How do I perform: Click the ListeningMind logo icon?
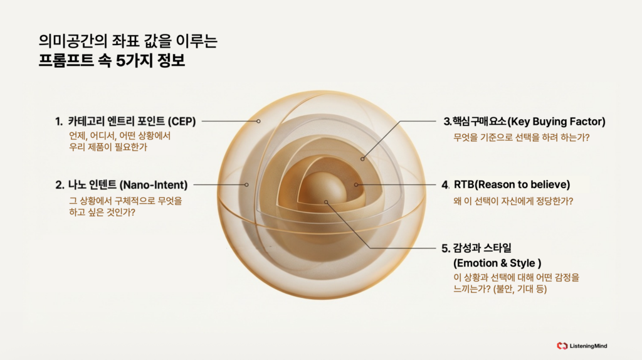coord(562,346)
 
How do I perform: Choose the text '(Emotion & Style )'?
coord(497,262)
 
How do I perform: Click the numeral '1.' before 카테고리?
coord(58,121)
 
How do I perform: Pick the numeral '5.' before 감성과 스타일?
coord(446,248)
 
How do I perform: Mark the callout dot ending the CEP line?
coord(258,121)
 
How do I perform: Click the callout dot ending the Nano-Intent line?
coord(247,184)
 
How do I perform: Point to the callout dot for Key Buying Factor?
coord(362,159)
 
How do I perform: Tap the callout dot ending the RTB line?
coord(355,184)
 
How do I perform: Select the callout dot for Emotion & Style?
coord(326,201)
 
